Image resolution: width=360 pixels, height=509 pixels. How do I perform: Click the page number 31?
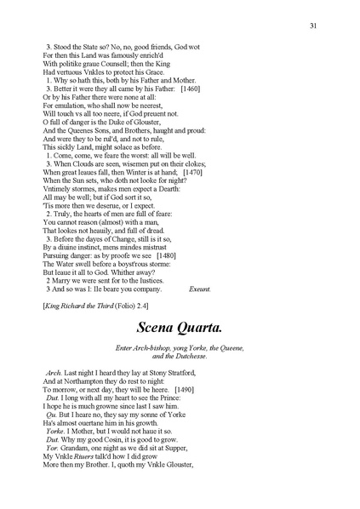coord(314,26)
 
